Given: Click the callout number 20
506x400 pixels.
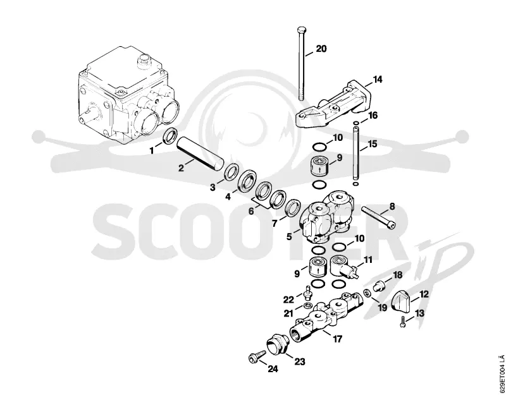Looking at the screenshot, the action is tap(321, 49).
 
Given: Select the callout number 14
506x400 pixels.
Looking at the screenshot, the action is tap(377, 79).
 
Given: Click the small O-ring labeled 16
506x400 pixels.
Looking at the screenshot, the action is tap(355, 123).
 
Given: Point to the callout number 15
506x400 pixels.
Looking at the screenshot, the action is tap(373, 143).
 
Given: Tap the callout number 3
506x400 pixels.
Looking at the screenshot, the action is tap(213, 187).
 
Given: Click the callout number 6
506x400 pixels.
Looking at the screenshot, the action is tap(251, 212).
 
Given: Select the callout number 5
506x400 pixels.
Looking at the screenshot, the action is tap(289, 236).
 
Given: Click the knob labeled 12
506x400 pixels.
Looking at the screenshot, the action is tap(400, 301).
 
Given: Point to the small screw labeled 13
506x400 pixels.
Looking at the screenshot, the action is tap(402, 322).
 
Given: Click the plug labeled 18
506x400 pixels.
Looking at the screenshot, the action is tap(378, 286).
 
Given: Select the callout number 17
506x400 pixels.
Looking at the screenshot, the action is tap(337, 339).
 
